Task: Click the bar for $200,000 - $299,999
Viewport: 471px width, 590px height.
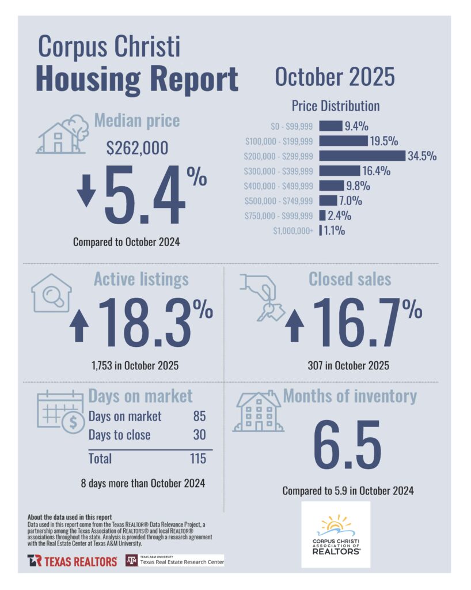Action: tap(362, 156)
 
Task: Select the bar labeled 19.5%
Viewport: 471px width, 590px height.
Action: tap(343, 141)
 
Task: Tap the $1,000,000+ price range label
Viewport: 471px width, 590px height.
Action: tap(293, 231)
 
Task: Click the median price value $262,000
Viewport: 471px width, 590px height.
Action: tap(138, 148)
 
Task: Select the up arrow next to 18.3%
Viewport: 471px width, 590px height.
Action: tap(79, 327)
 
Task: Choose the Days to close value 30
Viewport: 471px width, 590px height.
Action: tap(199, 435)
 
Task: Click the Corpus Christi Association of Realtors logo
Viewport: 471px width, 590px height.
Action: tap(336, 534)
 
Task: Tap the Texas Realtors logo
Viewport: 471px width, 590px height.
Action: tap(72, 561)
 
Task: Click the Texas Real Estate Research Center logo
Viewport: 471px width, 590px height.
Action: tap(174, 560)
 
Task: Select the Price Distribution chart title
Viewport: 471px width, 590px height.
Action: tap(335, 106)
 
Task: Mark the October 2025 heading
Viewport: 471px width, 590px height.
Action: tap(335, 77)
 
